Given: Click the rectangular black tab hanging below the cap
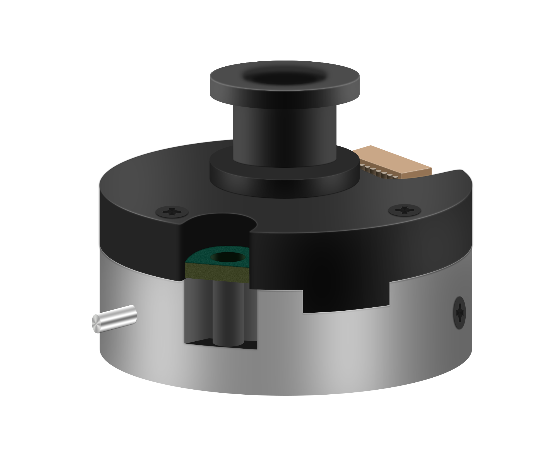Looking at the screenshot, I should coord(346,303).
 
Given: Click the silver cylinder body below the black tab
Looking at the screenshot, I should coord(346,351).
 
